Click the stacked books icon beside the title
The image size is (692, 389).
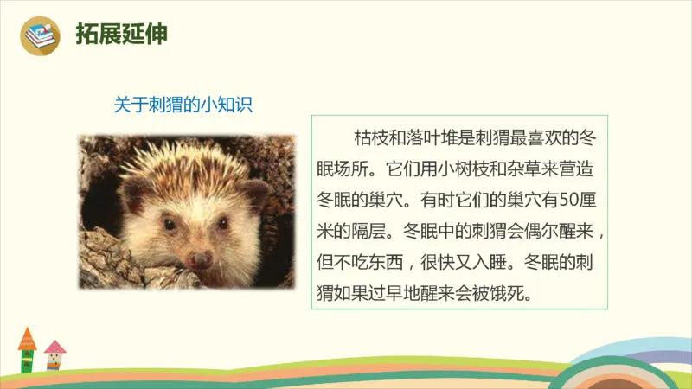39,35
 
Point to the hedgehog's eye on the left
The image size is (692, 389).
170,224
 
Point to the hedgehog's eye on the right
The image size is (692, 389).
222,223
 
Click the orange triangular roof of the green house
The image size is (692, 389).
28,338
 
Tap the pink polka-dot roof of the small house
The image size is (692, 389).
54,347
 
